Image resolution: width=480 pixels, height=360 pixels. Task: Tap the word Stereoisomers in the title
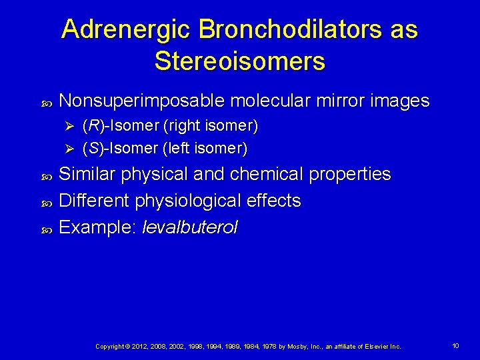pos(240,61)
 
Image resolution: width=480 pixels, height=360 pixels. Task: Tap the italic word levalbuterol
pos(189,227)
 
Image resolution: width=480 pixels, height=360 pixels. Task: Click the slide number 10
pos(455,346)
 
